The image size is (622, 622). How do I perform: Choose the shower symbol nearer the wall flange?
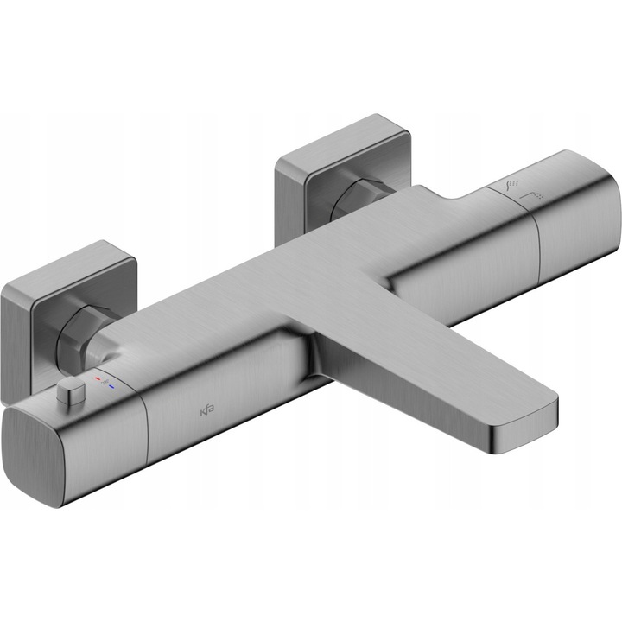pyautogui.click(x=511, y=186)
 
